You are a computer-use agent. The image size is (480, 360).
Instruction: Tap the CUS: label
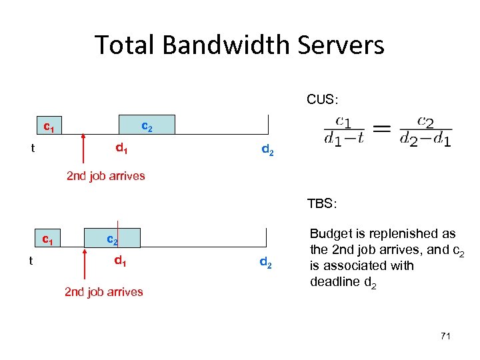point(322,99)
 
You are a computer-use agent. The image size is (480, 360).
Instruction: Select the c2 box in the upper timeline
point(147,125)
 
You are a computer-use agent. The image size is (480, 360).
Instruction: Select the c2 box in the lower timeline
point(113,238)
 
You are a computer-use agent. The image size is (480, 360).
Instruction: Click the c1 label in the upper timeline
point(49,125)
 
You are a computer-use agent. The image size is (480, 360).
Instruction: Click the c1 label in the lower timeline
point(48,238)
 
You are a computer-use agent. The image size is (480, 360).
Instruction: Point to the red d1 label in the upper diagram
point(122,148)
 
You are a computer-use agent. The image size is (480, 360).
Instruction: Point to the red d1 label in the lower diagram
point(121,261)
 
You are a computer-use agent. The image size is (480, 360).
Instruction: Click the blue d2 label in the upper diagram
point(267,151)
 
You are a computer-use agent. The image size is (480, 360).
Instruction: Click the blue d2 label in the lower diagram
point(265,263)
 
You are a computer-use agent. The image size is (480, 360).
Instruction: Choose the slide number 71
point(445,336)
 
